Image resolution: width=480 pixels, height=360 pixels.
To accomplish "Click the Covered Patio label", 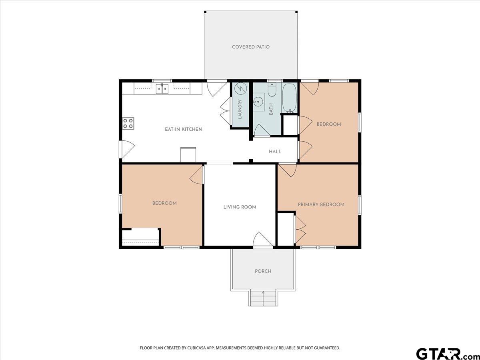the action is coord(251,47).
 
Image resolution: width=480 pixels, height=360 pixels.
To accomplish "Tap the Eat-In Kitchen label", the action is coord(184,129).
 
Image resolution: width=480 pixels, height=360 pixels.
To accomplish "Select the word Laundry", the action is coord(240,109).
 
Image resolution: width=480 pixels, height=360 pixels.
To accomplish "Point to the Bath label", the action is coord(271,109).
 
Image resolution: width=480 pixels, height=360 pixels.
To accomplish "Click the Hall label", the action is coord(275,152).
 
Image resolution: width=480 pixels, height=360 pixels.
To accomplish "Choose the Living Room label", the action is coord(240,207).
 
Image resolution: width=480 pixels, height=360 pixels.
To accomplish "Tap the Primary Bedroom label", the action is coord(321,204).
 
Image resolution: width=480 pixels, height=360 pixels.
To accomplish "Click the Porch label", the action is coord(263,271).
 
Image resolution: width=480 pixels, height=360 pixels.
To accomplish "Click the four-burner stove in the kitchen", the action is coord(128,124).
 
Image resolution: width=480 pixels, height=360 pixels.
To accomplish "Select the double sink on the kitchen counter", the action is coord(162,89).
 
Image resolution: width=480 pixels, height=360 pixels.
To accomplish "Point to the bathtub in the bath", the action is coord(289,98).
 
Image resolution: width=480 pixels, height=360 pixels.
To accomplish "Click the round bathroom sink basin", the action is coord(258,102).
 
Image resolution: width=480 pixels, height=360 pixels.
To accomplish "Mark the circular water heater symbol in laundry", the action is coord(240,88).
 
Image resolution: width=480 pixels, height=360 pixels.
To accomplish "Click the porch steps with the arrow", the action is coord(263,298).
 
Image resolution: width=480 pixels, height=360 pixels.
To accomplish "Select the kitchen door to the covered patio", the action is coord(217,88).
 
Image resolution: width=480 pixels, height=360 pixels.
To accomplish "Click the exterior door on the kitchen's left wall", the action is coord(127,149).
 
